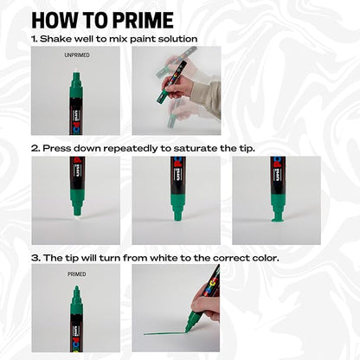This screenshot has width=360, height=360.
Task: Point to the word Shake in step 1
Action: pyautogui.click(x=58, y=39)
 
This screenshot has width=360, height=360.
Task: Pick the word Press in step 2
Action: pyautogui.click(x=56, y=148)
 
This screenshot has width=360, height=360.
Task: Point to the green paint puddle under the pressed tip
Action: pyautogui.click(x=277, y=219)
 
